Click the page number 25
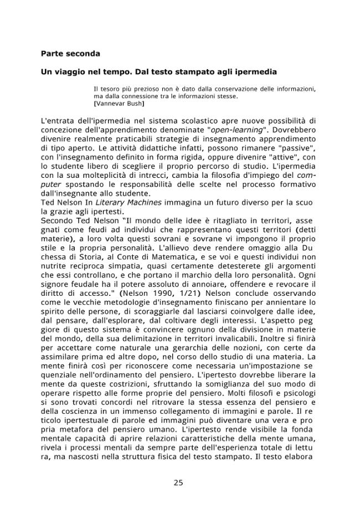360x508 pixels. click(178, 483)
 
